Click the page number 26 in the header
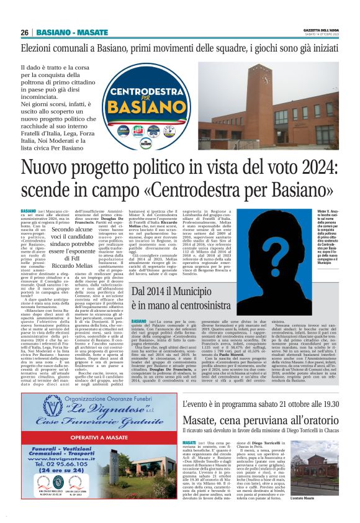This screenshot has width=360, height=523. pyautogui.click(x=25, y=32)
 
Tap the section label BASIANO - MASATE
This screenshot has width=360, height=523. pyautogui.click(x=73, y=32)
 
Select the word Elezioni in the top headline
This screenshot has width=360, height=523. pyautogui.click(x=41, y=48)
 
